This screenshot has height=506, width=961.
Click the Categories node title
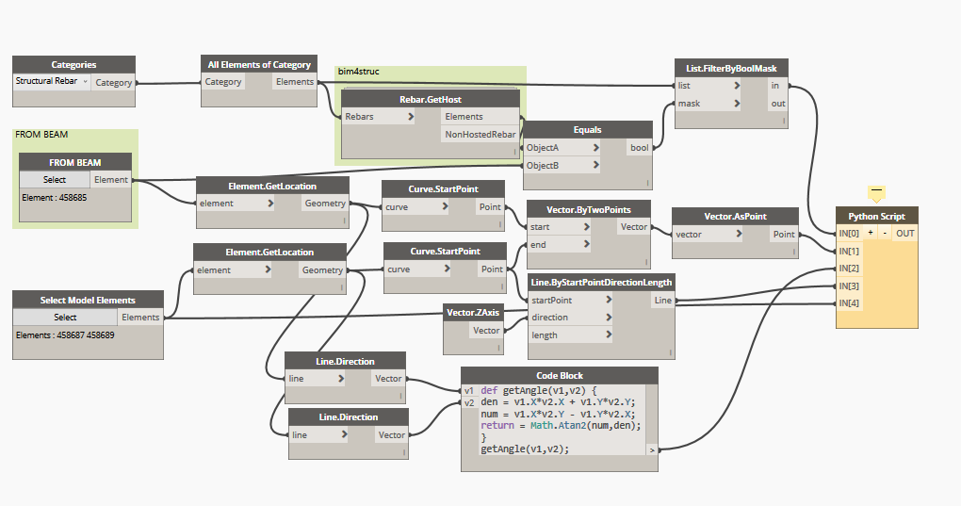coord(73,65)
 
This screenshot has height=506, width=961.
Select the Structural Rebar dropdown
coord(52,82)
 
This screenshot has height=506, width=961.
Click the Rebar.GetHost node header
coord(430,99)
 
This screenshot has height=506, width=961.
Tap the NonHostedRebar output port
coord(480,135)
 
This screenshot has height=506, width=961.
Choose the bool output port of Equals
coord(640,147)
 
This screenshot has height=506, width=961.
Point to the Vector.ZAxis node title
coord(474,312)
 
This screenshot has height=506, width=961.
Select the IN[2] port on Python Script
coord(849,268)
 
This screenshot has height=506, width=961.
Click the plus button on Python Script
coord(871,233)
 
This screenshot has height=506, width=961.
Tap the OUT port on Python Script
coord(904,233)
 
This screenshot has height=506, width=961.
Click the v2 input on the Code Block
coord(469,402)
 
